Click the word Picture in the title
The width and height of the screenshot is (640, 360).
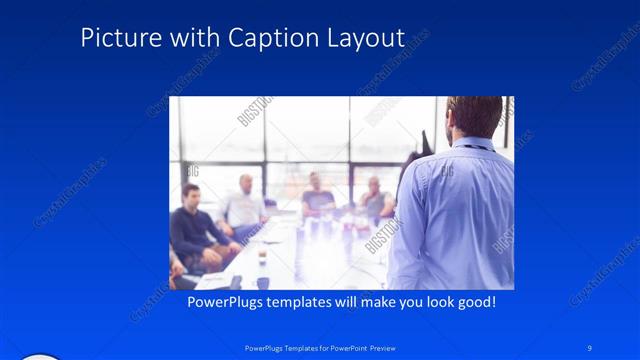pyautogui.click(x=114, y=38)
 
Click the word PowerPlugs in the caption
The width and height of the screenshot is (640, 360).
pyautogui.click(x=229, y=301)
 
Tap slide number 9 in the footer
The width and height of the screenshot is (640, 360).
pyautogui.click(x=590, y=347)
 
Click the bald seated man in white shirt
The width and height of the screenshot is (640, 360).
pyautogui.click(x=243, y=204)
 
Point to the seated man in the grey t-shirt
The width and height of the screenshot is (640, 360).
pyautogui.click(x=318, y=197)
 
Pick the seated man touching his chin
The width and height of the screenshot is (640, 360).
pyautogui.click(x=375, y=199)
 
